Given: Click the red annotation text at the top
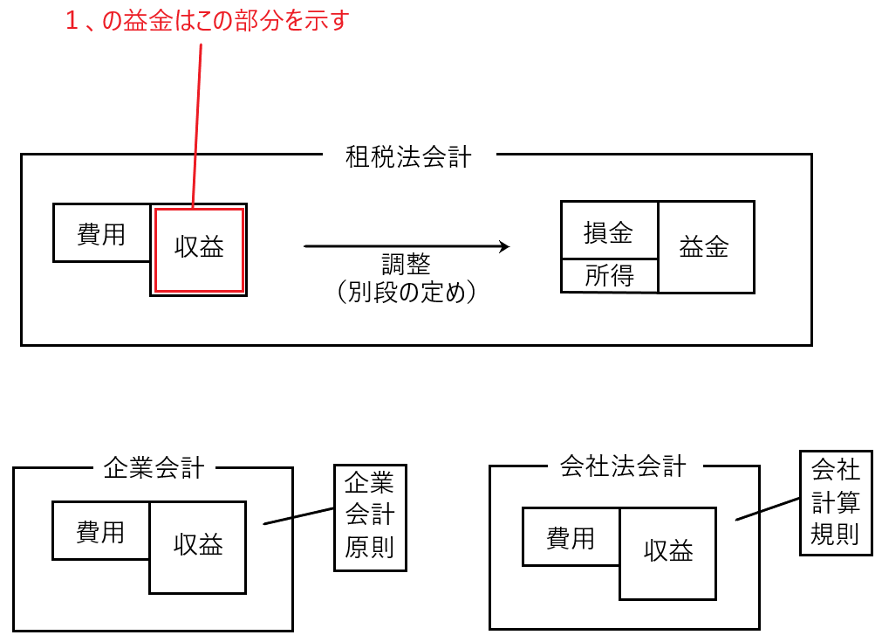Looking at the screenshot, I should pyautogui.click(x=207, y=21).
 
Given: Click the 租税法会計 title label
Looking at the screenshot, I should pyautogui.click(x=408, y=157).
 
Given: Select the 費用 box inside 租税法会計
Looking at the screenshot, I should pyautogui.click(x=101, y=233).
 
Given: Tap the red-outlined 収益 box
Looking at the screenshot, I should pyautogui.click(x=199, y=249).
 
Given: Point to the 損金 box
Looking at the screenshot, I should pyautogui.click(x=608, y=232).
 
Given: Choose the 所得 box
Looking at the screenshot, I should pyautogui.click(x=608, y=276).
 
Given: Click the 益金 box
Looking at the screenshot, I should pyautogui.click(x=705, y=247).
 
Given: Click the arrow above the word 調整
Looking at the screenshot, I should pyautogui.click(x=406, y=247).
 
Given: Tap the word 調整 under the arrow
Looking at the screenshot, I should pyautogui.click(x=406, y=265).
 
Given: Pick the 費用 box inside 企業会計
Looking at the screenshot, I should pyautogui.click(x=100, y=531).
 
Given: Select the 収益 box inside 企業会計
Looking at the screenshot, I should pyautogui.click(x=198, y=546).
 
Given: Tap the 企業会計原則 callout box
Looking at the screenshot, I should pyautogui.click(x=370, y=516).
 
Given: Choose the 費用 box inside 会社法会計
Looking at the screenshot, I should pyautogui.click(x=571, y=537).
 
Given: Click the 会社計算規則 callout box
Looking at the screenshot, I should pyautogui.click(x=836, y=502).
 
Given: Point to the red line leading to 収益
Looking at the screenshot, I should pyautogui.click(x=197, y=122).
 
